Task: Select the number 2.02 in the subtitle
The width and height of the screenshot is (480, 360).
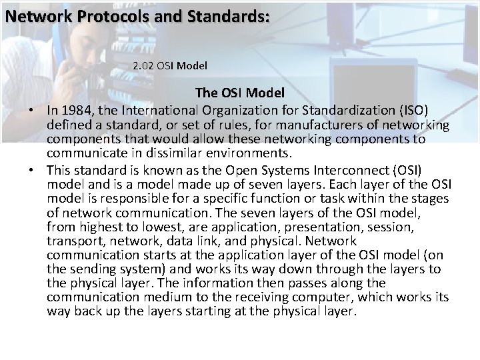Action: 145,66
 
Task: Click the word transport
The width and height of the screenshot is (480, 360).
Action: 72,241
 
